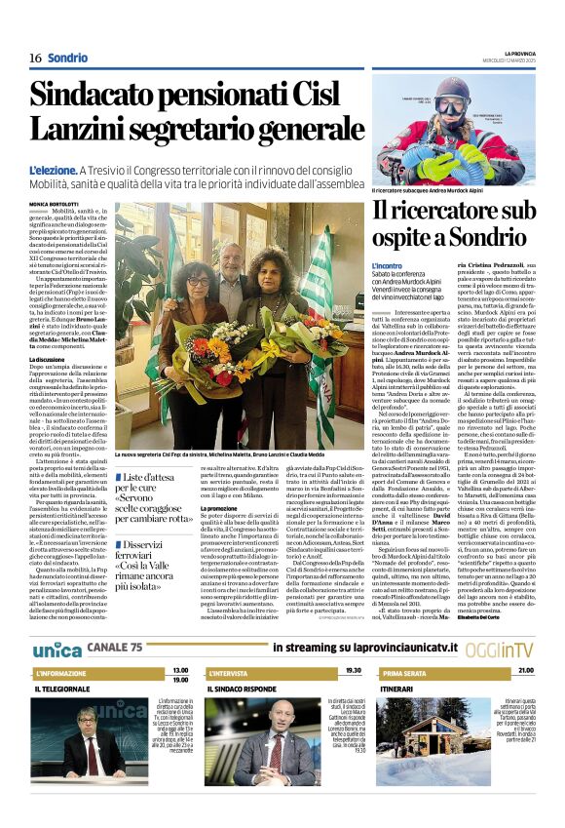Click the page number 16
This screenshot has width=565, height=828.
coord(35,58)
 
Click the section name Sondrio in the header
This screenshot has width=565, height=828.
coord(67,58)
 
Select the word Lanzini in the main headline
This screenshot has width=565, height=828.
coord(89,133)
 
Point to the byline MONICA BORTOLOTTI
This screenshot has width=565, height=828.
coord(56,203)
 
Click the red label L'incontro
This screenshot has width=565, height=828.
coord(388,265)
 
